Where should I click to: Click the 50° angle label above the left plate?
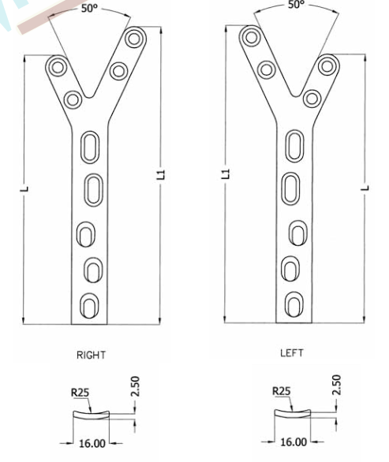tap(295, 6)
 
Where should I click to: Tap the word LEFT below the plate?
tap(291, 354)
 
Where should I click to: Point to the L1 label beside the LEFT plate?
tap(226, 173)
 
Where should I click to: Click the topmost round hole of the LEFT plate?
tap(252, 37)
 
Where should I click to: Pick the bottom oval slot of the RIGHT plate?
tap(92, 304)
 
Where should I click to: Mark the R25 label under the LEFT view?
tap(281, 390)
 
